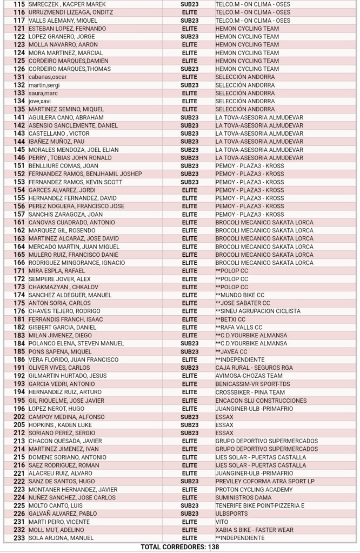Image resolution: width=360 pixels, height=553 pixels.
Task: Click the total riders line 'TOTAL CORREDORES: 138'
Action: tap(179, 547)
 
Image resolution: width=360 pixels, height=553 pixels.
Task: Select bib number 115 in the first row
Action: tap(19, 4)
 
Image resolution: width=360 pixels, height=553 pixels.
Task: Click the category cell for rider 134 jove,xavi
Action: tap(189, 101)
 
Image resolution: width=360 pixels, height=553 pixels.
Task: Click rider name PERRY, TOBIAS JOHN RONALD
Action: tap(70, 158)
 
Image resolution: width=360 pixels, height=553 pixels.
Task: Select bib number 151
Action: tap(19, 166)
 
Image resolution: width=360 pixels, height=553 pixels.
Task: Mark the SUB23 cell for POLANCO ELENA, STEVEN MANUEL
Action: tap(189, 344)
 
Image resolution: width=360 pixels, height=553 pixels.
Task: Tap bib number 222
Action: tap(19, 481)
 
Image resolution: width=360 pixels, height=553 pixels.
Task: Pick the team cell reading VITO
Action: tap(222, 522)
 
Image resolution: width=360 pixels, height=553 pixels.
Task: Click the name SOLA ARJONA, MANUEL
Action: tap(61, 538)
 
